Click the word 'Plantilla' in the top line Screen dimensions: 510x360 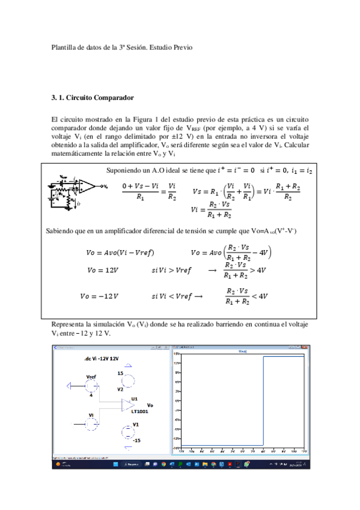click(63, 47)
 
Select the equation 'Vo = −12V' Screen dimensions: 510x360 click(99, 296)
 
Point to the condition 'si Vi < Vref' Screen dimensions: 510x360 click(171, 296)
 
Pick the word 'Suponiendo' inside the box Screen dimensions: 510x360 click(122, 170)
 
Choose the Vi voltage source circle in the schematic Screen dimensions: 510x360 click(90, 424)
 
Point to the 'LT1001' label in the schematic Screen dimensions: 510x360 click(140, 412)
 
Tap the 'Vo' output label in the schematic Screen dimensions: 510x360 click(150, 405)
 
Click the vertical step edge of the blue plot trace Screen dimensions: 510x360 click(263, 401)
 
